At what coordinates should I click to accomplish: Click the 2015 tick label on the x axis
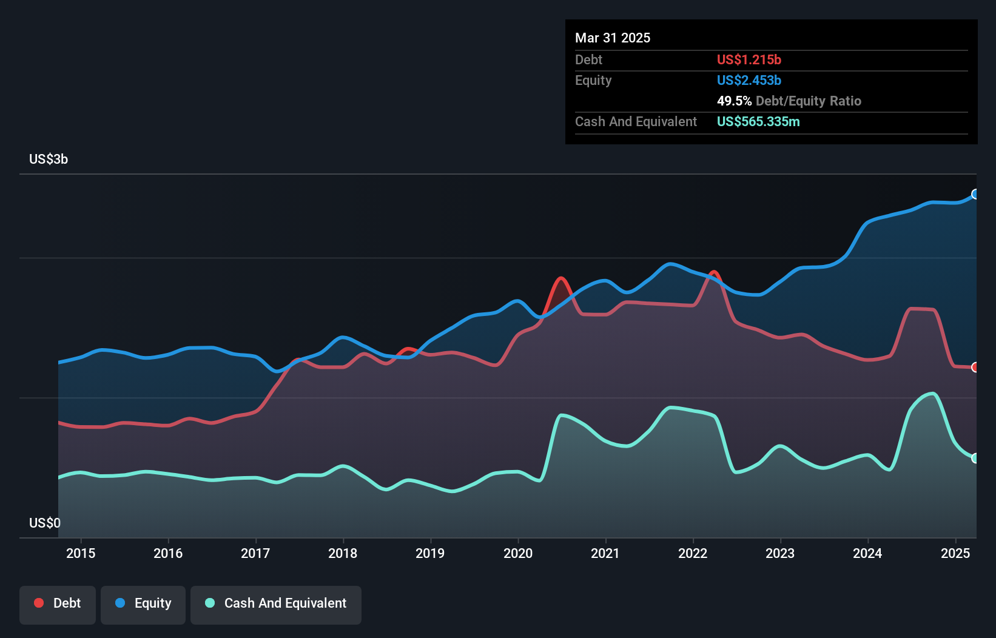pos(81,553)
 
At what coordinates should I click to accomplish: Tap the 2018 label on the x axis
pos(343,553)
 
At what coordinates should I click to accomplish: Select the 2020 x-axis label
pos(518,553)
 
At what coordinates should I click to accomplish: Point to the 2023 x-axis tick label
pos(780,553)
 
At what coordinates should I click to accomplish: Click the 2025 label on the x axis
pos(955,553)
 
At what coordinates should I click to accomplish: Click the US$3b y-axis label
pos(49,159)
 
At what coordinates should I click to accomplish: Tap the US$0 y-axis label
pos(45,523)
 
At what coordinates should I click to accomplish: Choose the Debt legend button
pos(58,603)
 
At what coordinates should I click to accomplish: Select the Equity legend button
pos(143,603)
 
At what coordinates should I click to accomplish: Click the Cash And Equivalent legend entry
pos(276,603)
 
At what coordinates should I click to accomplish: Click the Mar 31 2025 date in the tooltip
pos(613,38)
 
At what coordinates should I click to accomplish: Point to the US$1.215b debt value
pos(749,59)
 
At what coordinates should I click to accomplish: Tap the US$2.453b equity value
pos(749,80)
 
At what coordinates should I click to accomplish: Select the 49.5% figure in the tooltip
pos(734,101)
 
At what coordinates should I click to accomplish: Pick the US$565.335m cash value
pos(758,121)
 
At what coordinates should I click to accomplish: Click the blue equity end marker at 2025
pos(975,194)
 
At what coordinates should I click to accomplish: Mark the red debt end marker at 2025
pos(975,367)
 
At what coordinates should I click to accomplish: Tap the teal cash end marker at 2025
pos(975,458)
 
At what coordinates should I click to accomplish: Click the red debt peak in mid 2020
pos(561,278)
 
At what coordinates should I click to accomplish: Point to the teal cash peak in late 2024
pos(933,394)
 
